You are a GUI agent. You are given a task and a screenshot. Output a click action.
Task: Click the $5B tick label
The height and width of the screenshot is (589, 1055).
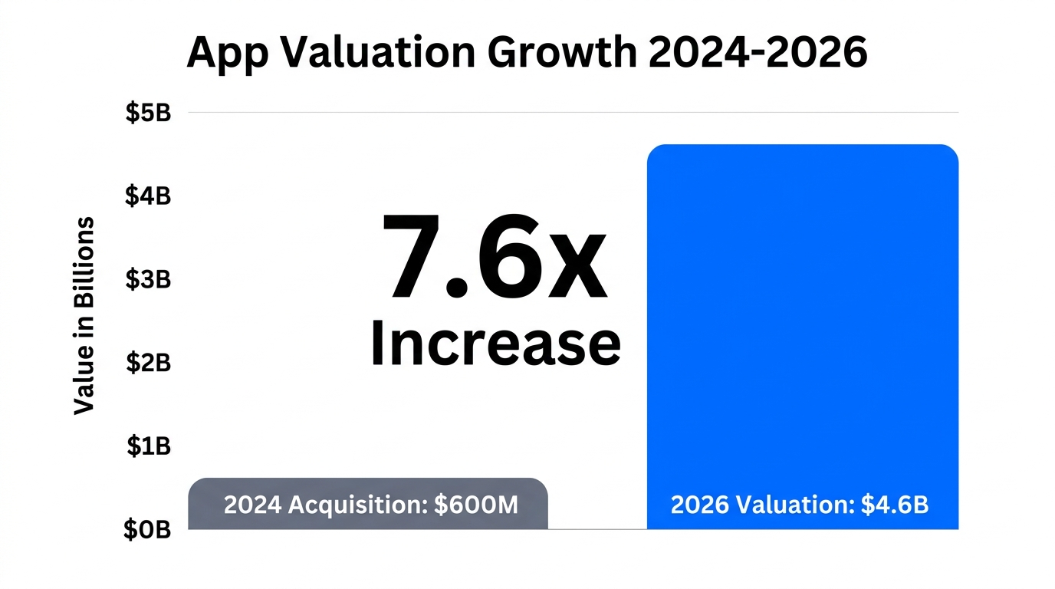pyautogui.click(x=147, y=114)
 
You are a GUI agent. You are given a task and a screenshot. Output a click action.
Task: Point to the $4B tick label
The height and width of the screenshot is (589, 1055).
pyautogui.click(x=147, y=196)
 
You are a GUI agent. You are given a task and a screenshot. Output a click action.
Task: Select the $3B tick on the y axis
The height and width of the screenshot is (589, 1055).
pyautogui.click(x=147, y=279)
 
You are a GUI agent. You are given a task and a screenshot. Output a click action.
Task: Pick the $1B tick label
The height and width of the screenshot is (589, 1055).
pyautogui.click(x=147, y=446)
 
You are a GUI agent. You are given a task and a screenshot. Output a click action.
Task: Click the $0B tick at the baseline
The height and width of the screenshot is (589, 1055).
pyautogui.click(x=147, y=529)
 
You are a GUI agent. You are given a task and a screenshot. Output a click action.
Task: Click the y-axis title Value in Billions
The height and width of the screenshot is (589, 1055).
pyautogui.click(x=84, y=316)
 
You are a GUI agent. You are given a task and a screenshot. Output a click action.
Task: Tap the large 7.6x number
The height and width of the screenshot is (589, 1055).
pyautogui.click(x=495, y=258)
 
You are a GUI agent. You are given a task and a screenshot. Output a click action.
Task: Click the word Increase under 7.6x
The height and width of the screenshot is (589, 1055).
pyautogui.click(x=495, y=343)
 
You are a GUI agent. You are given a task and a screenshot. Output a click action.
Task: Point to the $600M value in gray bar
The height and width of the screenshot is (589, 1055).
pyautogui.click(x=475, y=505)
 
